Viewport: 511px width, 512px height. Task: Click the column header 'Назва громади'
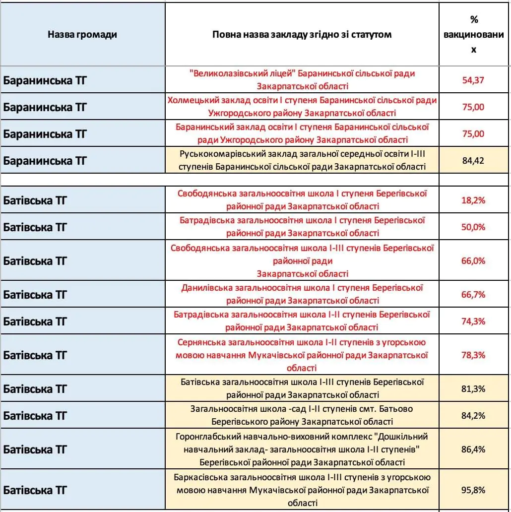tap(82, 35)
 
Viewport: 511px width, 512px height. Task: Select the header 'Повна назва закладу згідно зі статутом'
tap(302, 35)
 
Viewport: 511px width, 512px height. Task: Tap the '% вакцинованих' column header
tap(473, 35)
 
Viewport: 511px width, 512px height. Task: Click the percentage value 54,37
tap(473, 80)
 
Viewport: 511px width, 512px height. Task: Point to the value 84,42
tap(473, 161)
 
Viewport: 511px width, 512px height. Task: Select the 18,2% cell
tap(473, 200)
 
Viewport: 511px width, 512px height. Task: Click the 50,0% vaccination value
tap(473, 227)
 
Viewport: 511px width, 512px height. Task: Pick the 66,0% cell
tap(473, 260)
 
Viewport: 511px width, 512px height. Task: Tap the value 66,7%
tap(473, 294)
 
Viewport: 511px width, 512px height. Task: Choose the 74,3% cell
tap(473, 321)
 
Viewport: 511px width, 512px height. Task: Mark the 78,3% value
tap(473, 355)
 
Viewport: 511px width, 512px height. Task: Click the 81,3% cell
tap(473, 388)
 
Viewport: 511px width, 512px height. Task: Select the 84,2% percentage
tap(473, 415)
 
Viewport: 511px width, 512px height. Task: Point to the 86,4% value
tap(473, 449)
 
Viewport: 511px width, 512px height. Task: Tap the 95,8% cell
tap(473, 490)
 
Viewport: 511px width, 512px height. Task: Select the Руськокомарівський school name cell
tap(302, 160)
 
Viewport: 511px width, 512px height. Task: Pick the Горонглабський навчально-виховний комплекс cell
tap(302, 449)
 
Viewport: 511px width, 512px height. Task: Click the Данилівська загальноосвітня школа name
tap(302, 294)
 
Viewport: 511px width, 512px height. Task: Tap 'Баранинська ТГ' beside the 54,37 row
tap(45, 80)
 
